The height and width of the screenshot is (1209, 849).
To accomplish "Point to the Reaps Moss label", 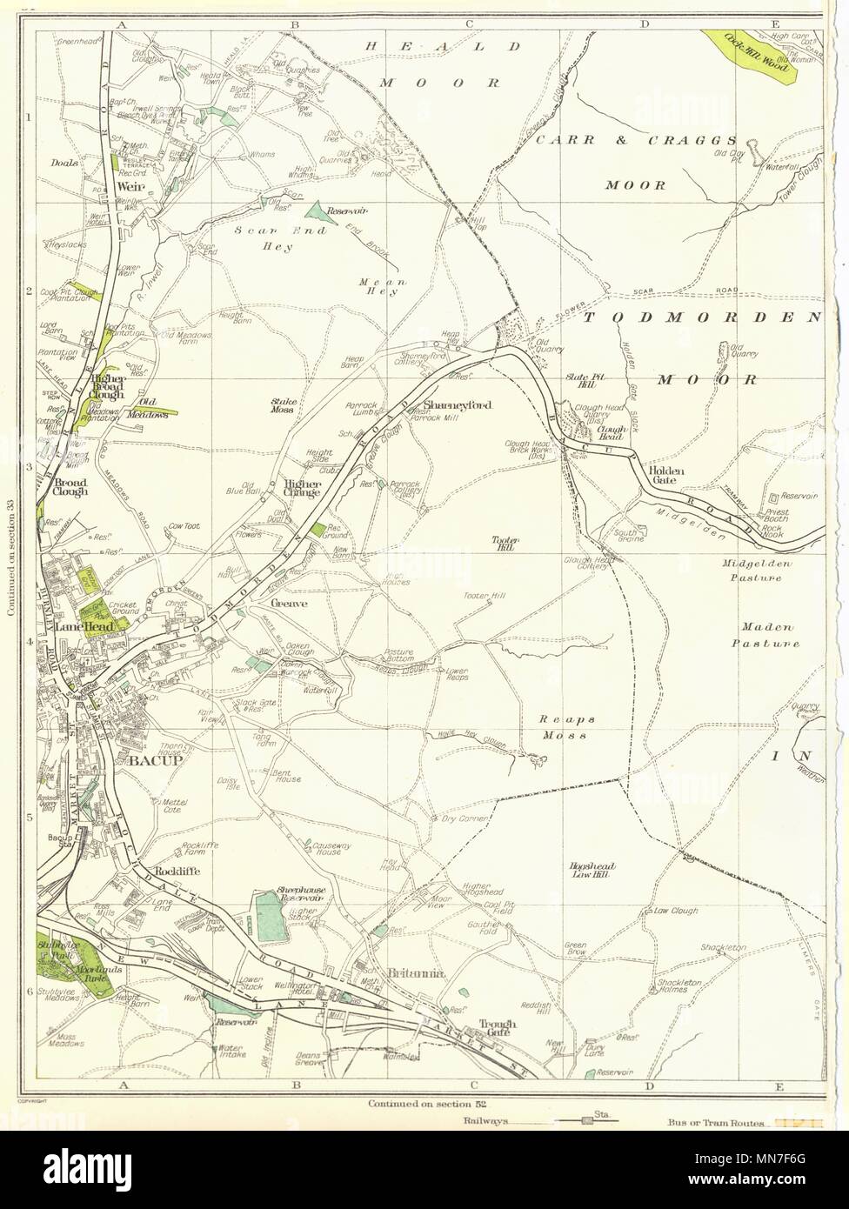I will click(565, 728).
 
